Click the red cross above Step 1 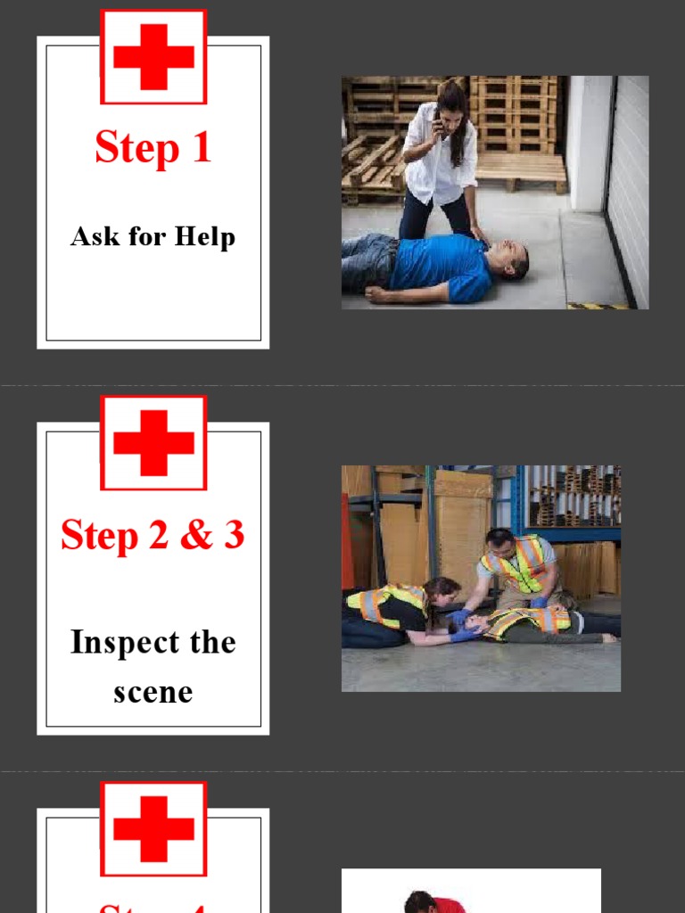click(153, 57)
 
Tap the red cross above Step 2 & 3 click(153, 442)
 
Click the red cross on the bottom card click(153, 828)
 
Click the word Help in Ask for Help click(205, 237)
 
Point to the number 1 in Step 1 click(201, 147)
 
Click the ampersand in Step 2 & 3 click(196, 535)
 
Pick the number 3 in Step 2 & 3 click(234, 535)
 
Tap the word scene click(153, 692)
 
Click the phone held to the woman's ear click(438, 121)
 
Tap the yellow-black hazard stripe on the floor click(597, 306)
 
